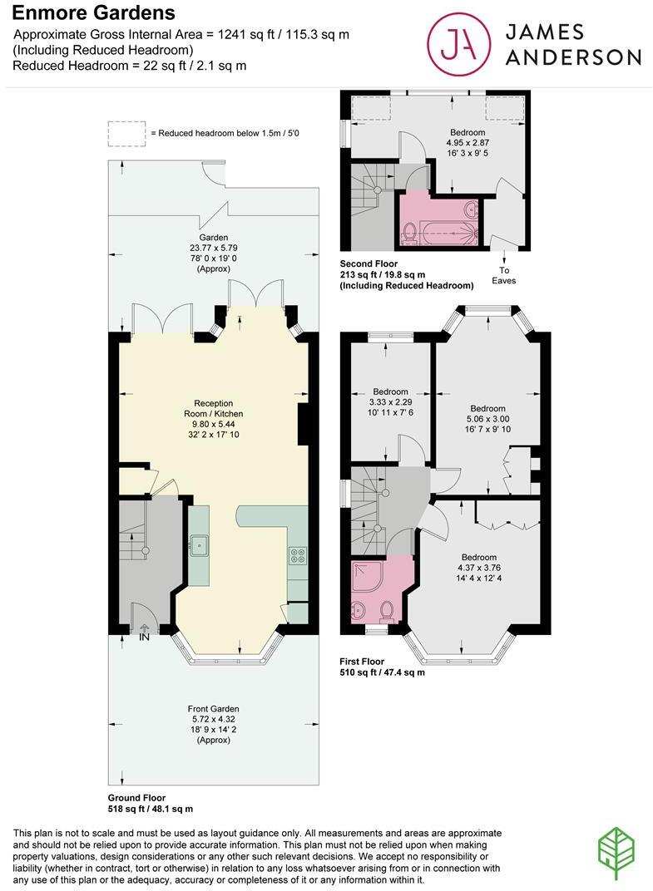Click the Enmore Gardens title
tap(94, 12)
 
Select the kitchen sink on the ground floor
tap(200, 547)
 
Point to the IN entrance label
tap(144, 637)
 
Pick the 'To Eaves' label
tap(504, 275)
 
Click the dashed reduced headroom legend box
tap(126, 133)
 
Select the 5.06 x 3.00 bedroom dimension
tap(487, 419)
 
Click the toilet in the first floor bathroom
tap(386, 613)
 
